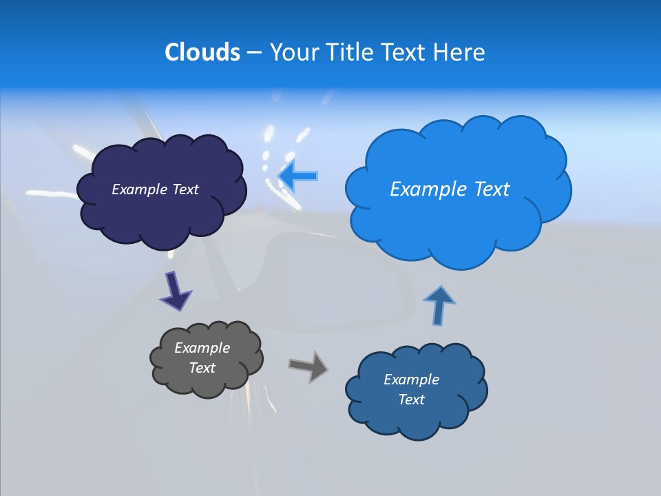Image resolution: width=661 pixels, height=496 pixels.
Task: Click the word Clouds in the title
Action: click(202, 52)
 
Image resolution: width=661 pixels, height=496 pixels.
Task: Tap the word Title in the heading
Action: click(348, 52)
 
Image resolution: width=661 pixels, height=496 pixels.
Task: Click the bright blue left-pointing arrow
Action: click(298, 176)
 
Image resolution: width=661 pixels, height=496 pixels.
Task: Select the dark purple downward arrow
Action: click(175, 291)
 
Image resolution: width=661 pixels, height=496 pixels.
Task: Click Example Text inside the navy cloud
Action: click(155, 189)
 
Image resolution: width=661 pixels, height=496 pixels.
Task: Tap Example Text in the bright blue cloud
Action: click(450, 189)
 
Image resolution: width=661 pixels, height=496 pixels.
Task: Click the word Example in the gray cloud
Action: click(202, 348)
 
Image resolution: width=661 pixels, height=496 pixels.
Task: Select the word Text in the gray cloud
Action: click(202, 368)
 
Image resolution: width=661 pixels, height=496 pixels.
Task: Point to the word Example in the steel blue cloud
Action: click(411, 380)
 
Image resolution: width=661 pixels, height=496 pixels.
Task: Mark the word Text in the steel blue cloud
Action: click(411, 400)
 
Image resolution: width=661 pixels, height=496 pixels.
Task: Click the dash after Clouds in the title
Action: click(253, 52)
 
